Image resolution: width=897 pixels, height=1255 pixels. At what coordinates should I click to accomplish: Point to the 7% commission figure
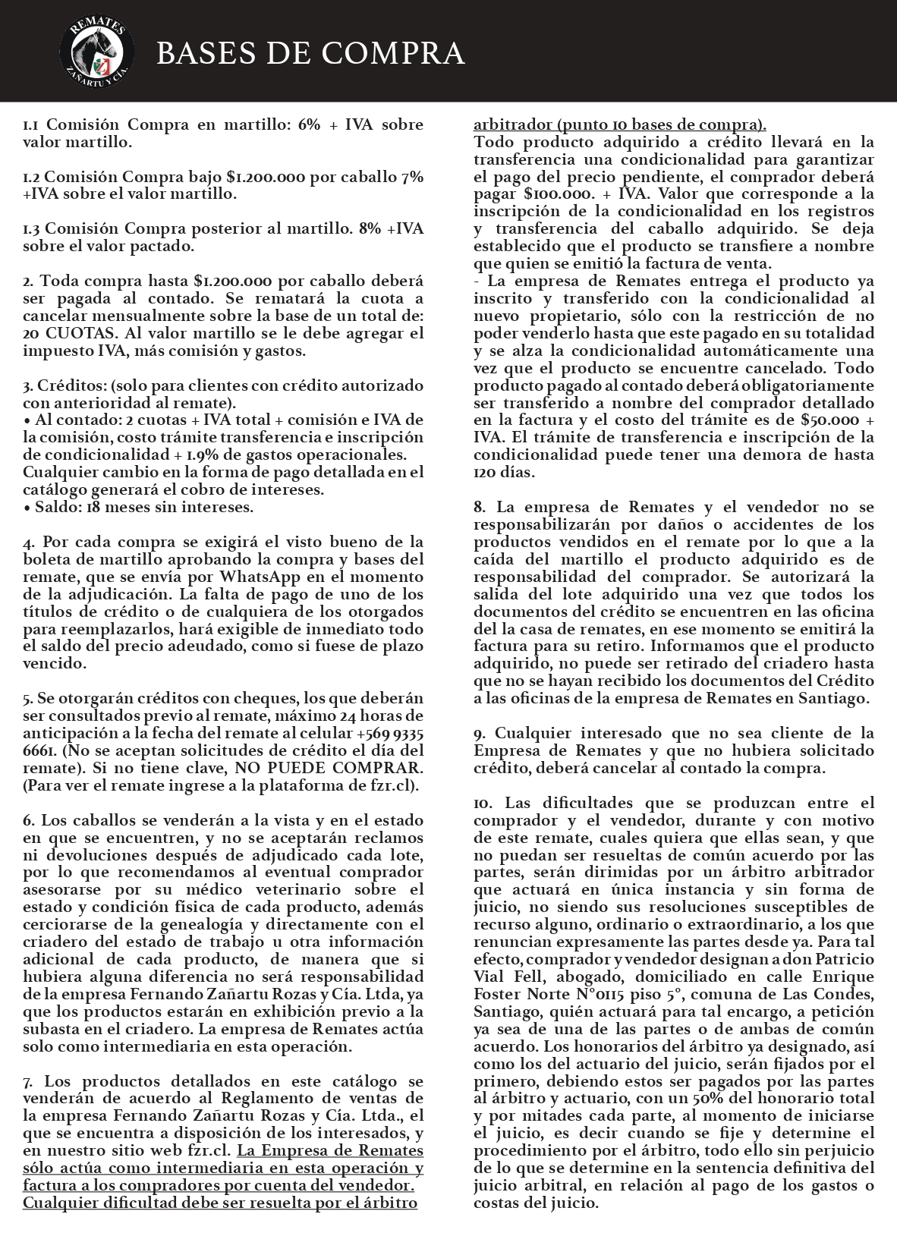(412, 177)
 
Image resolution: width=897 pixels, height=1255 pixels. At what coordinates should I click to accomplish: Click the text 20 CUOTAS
(71, 333)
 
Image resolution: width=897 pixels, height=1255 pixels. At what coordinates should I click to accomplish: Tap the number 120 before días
(486, 472)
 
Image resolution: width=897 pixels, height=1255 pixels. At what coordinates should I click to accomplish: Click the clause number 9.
(480, 733)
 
